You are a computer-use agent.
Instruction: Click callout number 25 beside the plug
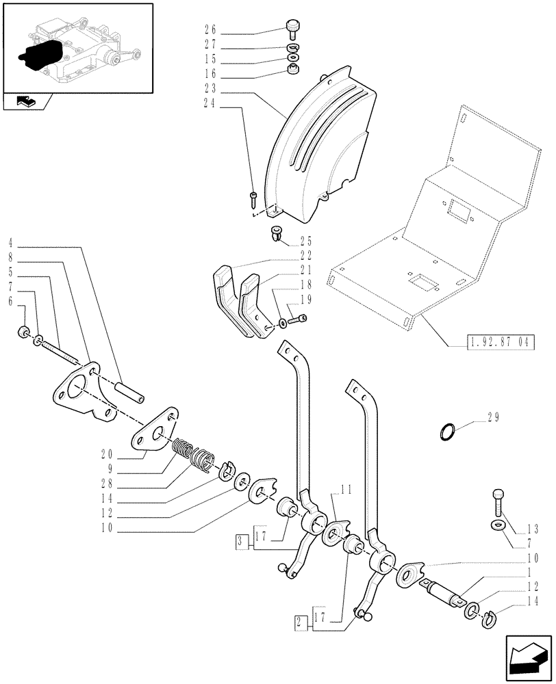coord(305,241)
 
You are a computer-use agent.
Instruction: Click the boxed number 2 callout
coord(300,622)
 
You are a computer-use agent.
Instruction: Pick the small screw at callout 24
coord(253,198)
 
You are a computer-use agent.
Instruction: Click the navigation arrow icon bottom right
coord(527,655)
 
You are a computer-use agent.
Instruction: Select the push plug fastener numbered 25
coord(277,234)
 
